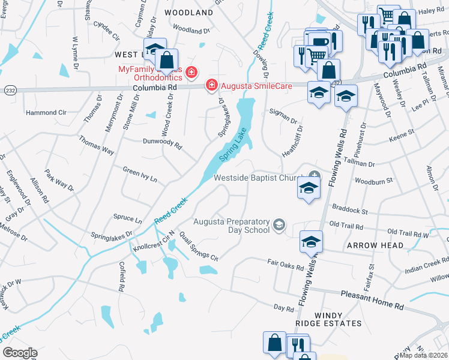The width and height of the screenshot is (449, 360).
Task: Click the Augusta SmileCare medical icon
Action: [x=211, y=86]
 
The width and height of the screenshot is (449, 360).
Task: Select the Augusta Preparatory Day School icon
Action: [x=278, y=225]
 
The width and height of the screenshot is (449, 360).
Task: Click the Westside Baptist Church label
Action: [x=261, y=178]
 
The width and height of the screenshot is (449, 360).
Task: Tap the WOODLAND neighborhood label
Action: [x=188, y=13]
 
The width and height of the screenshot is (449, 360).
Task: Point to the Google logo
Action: [x=20, y=353]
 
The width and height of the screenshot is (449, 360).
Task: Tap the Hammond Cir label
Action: [x=46, y=112]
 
